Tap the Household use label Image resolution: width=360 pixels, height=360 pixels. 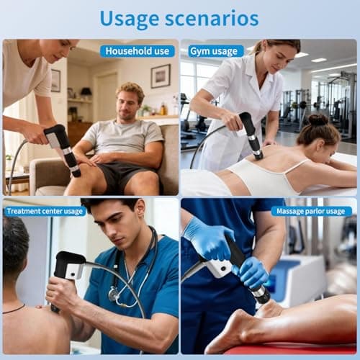[x=137, y=51]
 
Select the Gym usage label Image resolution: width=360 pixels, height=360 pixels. [x=215, y=51]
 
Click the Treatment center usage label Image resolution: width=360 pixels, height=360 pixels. [x=45, y=211]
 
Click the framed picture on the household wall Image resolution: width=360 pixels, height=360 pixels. [x=161, y=76]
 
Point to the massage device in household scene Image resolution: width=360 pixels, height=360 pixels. [x=62, y=148]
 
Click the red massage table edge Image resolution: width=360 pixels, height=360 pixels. [x=288, y=350]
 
